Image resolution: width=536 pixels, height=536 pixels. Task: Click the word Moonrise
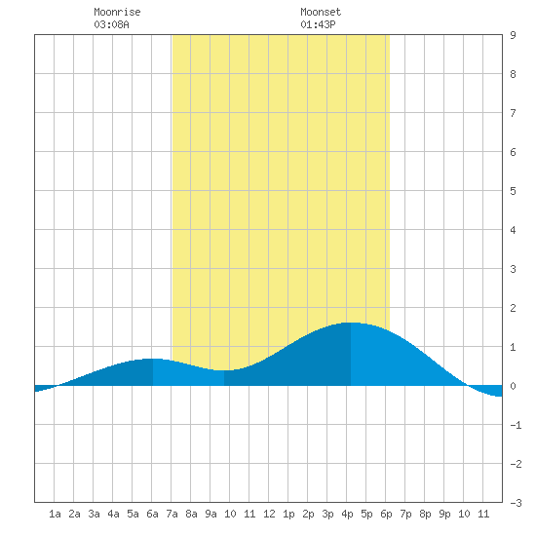point(117,12)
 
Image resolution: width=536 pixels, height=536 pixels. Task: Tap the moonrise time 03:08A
point(111,24)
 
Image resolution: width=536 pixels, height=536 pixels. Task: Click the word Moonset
point(321,12)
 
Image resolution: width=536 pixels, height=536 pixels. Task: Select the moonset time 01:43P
point(318,24)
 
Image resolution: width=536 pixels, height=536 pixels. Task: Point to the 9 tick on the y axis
point(513,35)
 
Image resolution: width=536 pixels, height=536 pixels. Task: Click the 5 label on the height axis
point(513,191)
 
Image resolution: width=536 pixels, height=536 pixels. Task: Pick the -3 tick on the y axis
point(516,503)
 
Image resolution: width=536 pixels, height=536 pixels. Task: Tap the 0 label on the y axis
point(513,386)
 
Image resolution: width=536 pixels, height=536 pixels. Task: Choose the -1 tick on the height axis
point(516,425)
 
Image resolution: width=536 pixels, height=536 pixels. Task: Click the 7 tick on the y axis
point(513,113)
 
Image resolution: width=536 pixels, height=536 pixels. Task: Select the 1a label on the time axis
point(55,514)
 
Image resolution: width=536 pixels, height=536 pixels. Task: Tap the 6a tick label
point(152,514)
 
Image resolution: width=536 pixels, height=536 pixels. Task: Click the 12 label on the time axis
point(269,514)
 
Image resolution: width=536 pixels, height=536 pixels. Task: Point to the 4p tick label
point(347,514)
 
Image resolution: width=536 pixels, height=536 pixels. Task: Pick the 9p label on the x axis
point(444,514)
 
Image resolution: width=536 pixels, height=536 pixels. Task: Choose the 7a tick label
point(172,514)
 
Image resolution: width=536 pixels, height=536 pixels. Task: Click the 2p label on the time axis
point(308,514)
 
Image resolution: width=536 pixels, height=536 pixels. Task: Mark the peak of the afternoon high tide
point(351,323)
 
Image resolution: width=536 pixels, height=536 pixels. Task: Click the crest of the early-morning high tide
point(153,359)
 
